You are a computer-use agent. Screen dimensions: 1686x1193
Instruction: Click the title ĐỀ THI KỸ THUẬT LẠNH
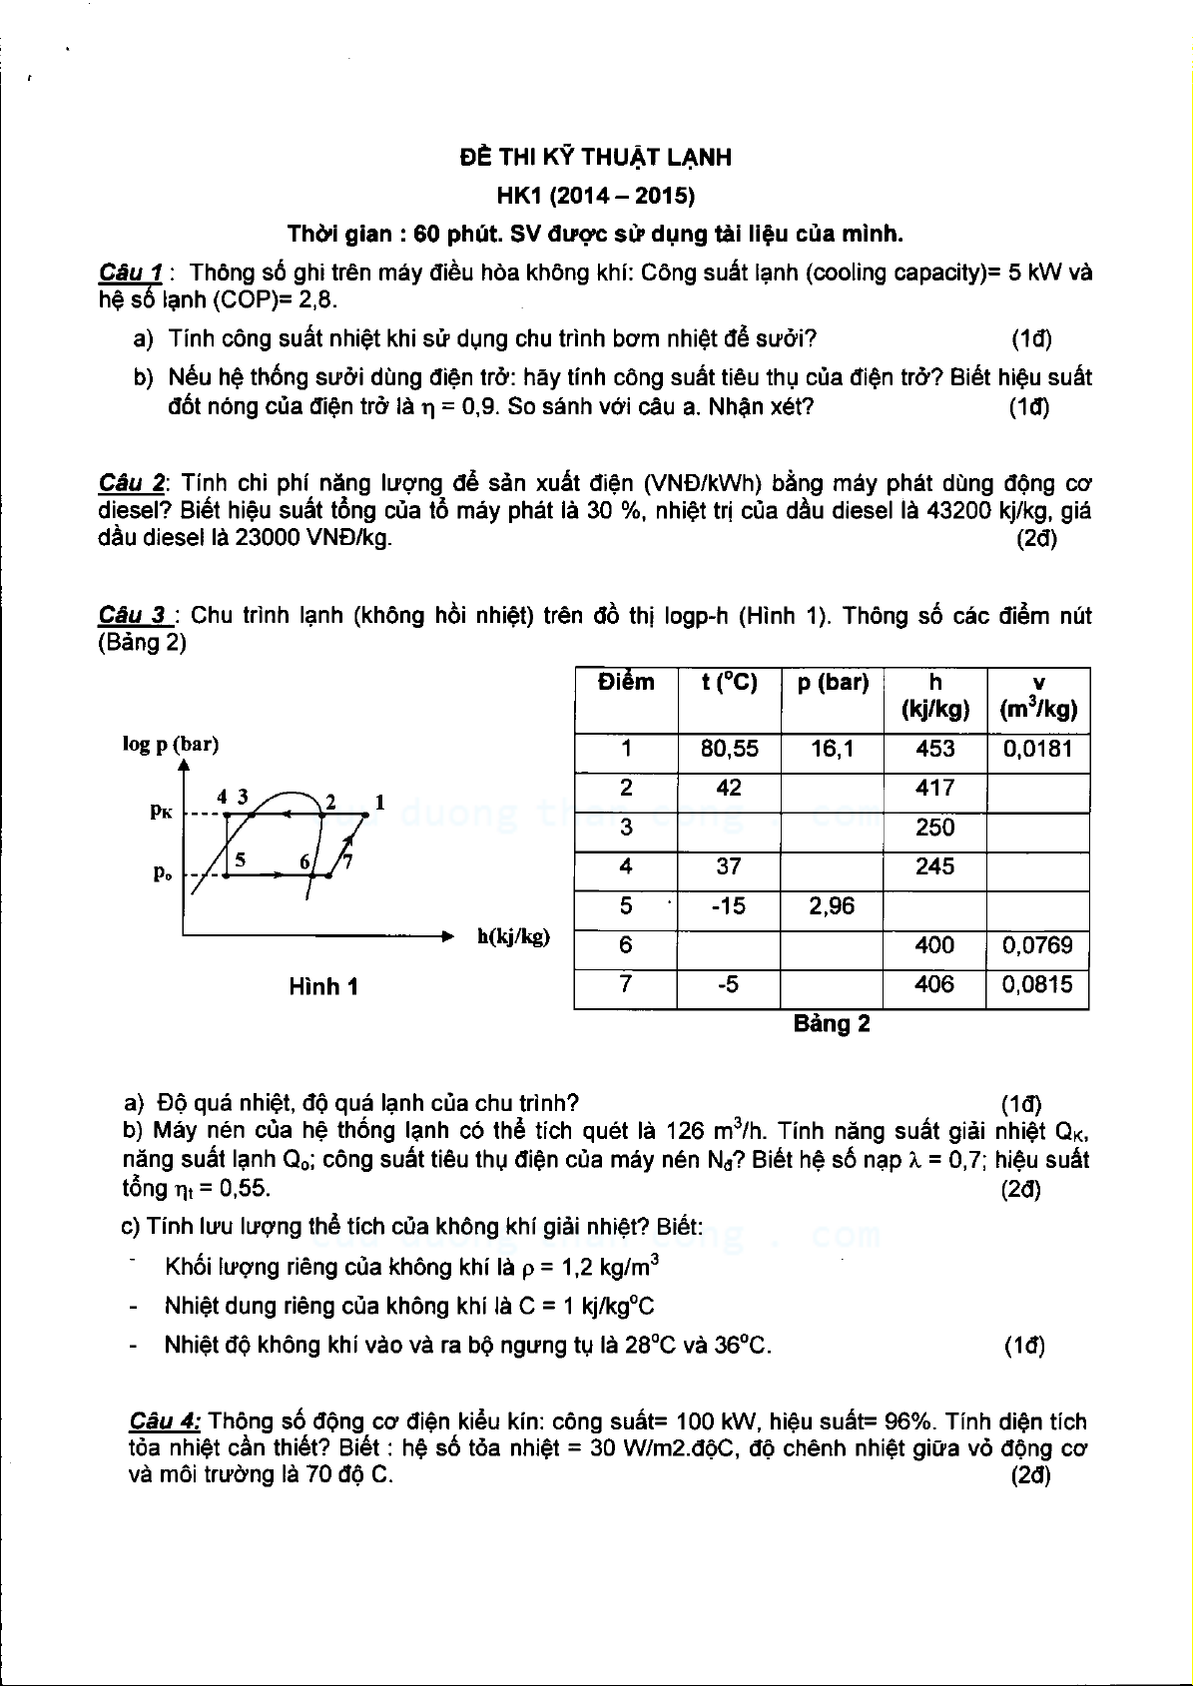[595, 157]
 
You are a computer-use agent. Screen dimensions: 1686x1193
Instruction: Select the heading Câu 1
[130, 273]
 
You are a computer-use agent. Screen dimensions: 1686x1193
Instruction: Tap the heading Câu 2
[132, 483]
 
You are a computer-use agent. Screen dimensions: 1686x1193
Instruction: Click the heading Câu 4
[165, 1421]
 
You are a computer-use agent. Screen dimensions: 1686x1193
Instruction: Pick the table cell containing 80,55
[729, 749]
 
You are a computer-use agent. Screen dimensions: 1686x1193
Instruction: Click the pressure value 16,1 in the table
[833, 749]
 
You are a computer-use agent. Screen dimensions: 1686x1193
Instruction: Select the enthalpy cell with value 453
[934, 749]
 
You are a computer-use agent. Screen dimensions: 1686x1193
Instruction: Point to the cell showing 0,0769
[1037, 945]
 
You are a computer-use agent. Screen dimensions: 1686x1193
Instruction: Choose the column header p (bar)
[833, 683]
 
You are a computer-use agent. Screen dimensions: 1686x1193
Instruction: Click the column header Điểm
[626, 683]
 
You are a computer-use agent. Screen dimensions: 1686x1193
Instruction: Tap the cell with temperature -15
[729, 906]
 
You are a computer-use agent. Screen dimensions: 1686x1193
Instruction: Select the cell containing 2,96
[833, 906]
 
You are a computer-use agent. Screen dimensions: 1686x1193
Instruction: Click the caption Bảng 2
[832, 1024]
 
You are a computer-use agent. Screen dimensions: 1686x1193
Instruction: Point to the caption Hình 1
[322, 987]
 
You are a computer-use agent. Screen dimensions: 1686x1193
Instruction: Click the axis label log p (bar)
[171, 744]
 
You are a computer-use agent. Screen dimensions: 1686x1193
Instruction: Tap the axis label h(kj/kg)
[513, 936]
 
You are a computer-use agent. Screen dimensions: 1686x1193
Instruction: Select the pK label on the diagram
[161, 811]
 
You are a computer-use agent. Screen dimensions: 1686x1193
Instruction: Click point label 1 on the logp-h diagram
[379, 801]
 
